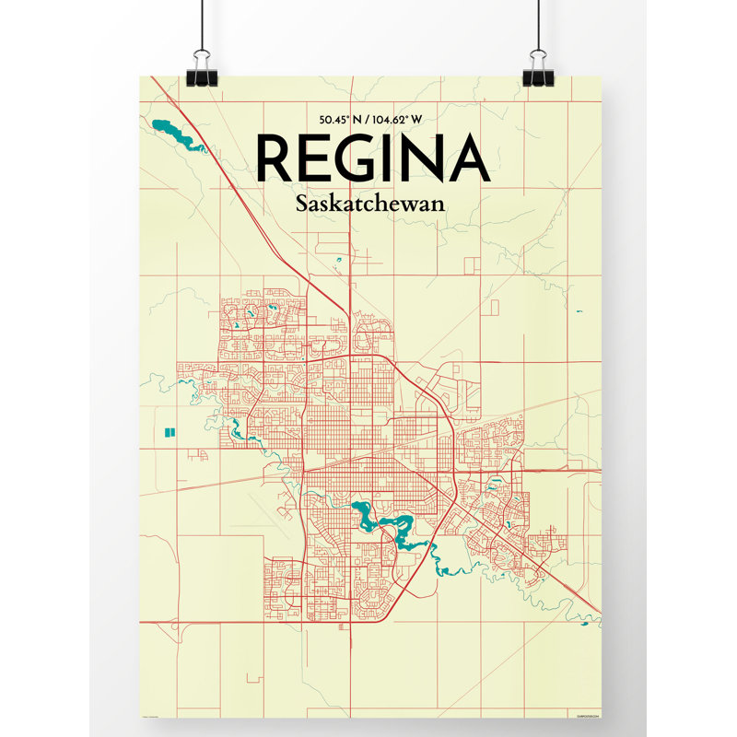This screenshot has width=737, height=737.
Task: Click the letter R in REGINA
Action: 275,158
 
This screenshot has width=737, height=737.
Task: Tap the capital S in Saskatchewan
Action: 303,205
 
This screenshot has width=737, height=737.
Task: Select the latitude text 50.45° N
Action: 343,120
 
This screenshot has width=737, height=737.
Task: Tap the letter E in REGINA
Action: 323,158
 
